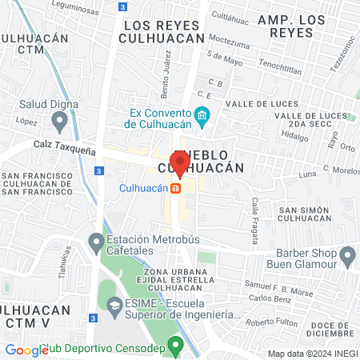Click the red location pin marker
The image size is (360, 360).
(x=180, y=162)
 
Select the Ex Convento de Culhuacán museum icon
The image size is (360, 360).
(x=202, y=117)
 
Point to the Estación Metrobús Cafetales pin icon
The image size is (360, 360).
(x=97, y=240)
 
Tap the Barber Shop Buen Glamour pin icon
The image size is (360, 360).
(x=347, y=256)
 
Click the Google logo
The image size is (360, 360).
(x=26, y=350)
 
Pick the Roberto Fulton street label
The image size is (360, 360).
(x=271, y=322)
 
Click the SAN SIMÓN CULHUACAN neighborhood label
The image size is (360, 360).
(x=299, y=214)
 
